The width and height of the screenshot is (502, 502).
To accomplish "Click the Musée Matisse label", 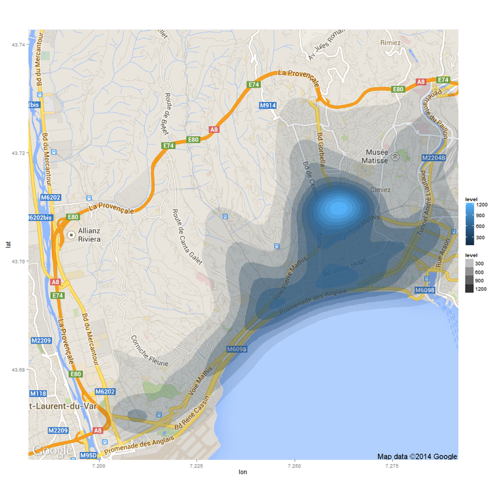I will point(380,156).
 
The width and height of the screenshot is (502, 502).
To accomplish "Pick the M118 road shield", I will point(38,393).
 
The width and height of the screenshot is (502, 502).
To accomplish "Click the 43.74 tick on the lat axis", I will point(19,45).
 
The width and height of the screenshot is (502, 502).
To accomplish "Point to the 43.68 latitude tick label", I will point(19,370).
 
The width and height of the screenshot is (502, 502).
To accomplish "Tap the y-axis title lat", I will point(8,245).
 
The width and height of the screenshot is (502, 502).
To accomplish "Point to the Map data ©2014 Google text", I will point(417,456).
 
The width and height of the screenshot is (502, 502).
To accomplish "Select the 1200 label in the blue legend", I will point(483,205).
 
